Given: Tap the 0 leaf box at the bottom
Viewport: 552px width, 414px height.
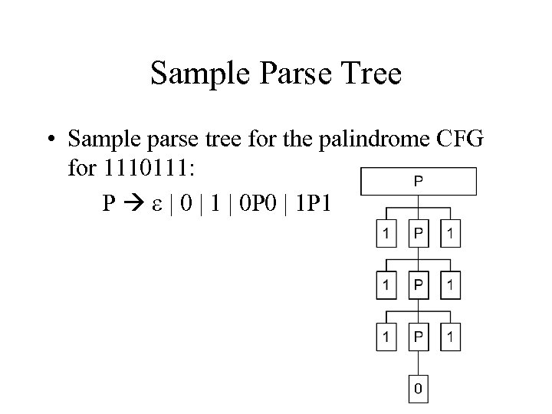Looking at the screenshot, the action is click(x=418, y=389).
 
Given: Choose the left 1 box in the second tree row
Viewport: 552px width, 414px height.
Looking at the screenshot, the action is click(x=387, y=286).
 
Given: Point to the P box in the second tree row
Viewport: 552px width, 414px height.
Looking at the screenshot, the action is click(x=419, y=286).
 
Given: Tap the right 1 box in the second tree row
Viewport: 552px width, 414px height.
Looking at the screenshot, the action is click(x=450, y=286).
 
